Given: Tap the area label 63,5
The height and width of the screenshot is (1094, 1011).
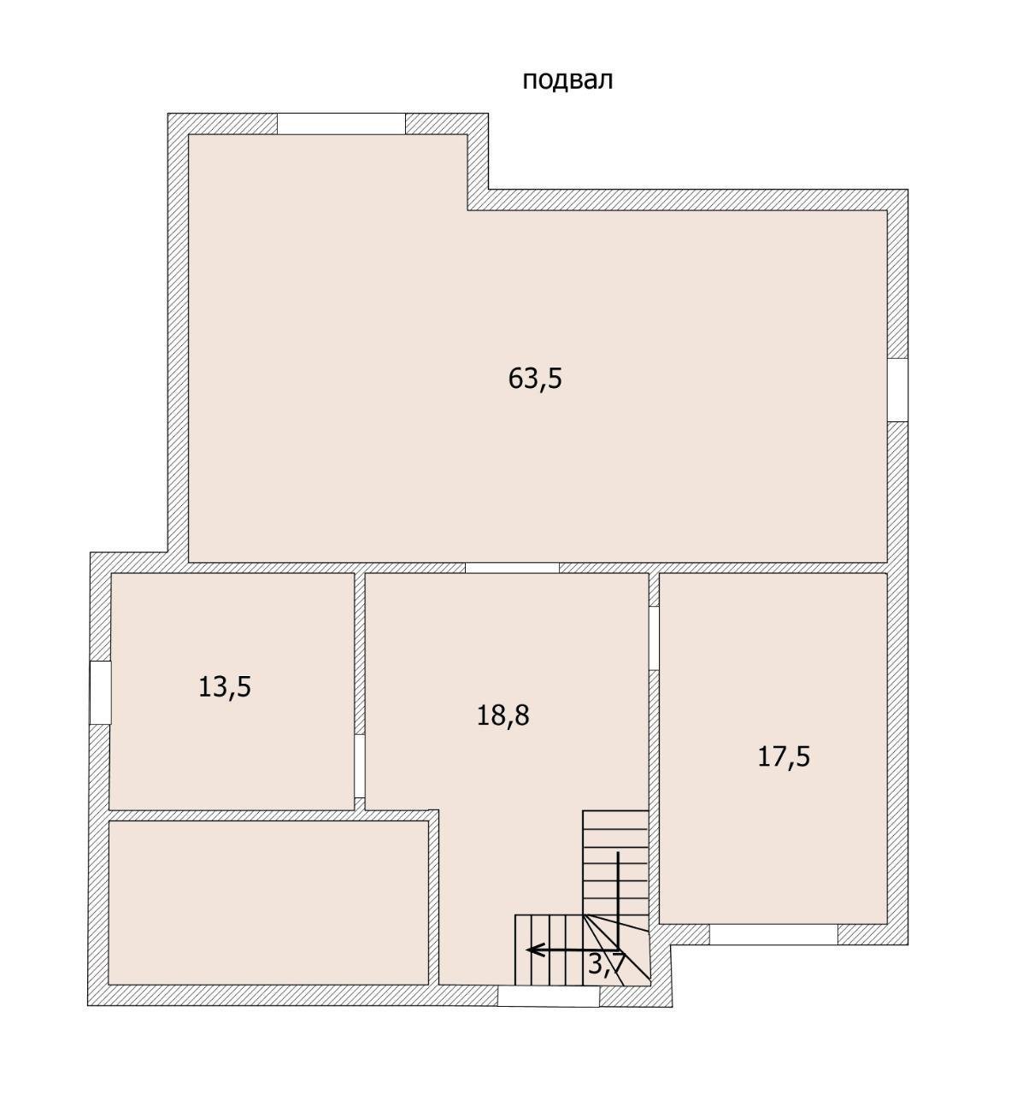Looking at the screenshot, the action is pos(535,379).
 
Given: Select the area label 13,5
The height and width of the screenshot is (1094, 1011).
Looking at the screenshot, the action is pos(224,687).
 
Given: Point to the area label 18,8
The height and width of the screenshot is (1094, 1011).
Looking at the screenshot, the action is pos(503,715).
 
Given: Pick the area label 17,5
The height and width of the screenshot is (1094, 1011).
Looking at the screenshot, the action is pos(784,757).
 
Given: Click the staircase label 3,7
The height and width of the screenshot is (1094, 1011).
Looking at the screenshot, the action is pos(606,964).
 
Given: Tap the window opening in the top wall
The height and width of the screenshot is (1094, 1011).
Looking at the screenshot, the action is pos(341,123).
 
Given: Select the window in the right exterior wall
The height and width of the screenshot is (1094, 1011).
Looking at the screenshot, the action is pos(897,390).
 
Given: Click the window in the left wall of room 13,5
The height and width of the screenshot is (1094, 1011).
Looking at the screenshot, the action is pos(100,692).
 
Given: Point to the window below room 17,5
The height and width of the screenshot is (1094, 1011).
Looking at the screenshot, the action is pos(773,934).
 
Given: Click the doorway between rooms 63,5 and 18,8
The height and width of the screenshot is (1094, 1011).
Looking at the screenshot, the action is pos(513,568).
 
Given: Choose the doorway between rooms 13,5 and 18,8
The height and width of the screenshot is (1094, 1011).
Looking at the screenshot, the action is pos(359,767).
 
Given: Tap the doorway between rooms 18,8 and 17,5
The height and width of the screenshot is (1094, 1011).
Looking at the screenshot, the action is pos(654,638).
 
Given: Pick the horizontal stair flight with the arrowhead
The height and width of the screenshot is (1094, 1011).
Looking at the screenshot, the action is pos(549,950).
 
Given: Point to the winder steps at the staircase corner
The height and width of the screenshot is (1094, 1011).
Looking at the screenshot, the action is pos(616,949).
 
